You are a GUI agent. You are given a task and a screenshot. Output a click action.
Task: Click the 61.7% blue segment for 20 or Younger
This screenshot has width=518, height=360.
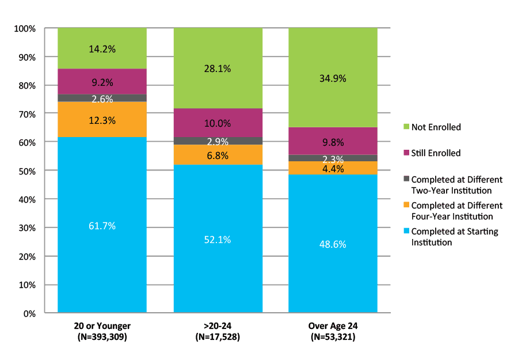102,225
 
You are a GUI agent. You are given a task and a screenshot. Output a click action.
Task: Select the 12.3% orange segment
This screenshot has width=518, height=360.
102,120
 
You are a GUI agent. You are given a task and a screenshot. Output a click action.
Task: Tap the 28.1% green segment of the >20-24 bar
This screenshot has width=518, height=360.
218,69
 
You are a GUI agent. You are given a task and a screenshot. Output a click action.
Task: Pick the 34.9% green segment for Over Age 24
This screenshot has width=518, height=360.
333,78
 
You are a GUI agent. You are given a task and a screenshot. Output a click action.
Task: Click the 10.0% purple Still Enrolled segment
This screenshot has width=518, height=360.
218,123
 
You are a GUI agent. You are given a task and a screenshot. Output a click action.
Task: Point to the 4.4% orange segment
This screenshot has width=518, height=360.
333,168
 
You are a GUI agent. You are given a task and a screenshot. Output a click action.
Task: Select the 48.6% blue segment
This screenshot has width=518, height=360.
333,244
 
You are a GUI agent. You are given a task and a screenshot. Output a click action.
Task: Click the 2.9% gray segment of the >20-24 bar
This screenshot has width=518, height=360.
218,141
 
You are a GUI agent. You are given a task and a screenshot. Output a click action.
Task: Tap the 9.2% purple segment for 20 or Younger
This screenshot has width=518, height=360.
102,81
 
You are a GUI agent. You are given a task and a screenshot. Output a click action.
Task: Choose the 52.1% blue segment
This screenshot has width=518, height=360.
218,239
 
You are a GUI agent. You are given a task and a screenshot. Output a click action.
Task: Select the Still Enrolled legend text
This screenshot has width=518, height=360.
436,153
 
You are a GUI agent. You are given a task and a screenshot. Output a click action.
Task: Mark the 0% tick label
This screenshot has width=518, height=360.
29,313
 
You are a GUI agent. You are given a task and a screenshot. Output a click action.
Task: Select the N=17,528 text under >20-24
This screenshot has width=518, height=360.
218,337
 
